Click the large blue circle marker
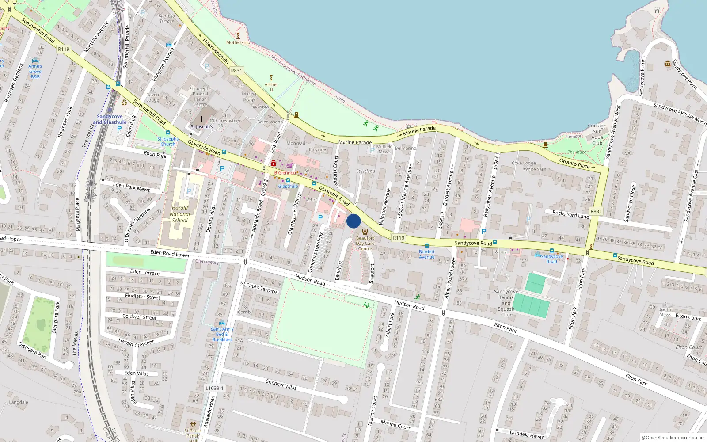(353, 221)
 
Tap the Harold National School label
(180, 214)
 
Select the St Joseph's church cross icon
(202, 119)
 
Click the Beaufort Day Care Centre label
(365, 243)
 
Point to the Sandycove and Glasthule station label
(110, 119)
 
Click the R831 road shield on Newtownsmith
(236, 71)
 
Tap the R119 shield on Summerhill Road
(64, 49)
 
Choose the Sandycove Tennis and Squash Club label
(506, 303)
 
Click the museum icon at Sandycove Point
(668, 64)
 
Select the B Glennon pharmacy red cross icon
(274, 164)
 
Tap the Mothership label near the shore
(238, 42)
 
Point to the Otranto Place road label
(574, 163)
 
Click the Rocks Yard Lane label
(570, 214)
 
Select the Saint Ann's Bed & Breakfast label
(222, 334)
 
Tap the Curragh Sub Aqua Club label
(597, 134)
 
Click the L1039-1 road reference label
(214, 388)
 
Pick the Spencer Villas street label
(281, 384)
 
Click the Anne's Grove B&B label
(35, 71)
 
